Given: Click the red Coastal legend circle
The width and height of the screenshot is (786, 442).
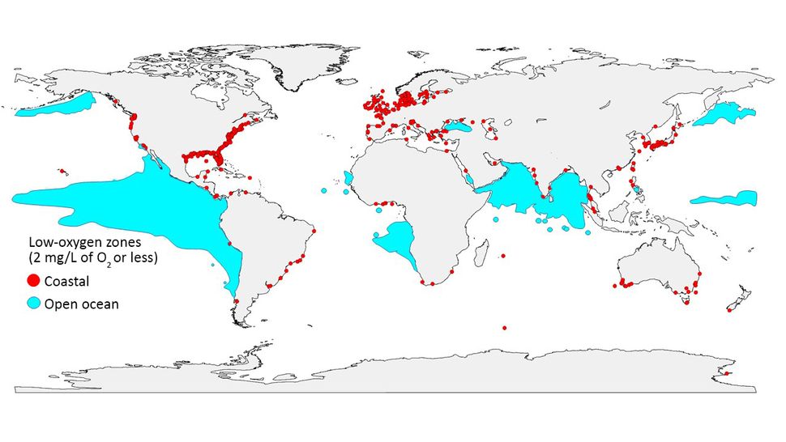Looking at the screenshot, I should coord(34,282).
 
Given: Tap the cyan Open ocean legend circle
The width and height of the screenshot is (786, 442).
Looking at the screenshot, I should coord(34,304).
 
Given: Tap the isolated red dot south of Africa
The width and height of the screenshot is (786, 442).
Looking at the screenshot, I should coord(504,328).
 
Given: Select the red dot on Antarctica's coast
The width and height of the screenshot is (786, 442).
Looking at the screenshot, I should coord(727,373).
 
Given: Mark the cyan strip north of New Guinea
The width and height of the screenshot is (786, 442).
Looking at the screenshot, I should coord(724,198).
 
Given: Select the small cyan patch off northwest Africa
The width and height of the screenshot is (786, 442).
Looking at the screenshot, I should coord(348,176).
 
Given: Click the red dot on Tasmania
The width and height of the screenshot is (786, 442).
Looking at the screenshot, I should coord(686,303).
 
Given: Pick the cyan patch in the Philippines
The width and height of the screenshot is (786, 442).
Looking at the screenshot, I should coord(637,192).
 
